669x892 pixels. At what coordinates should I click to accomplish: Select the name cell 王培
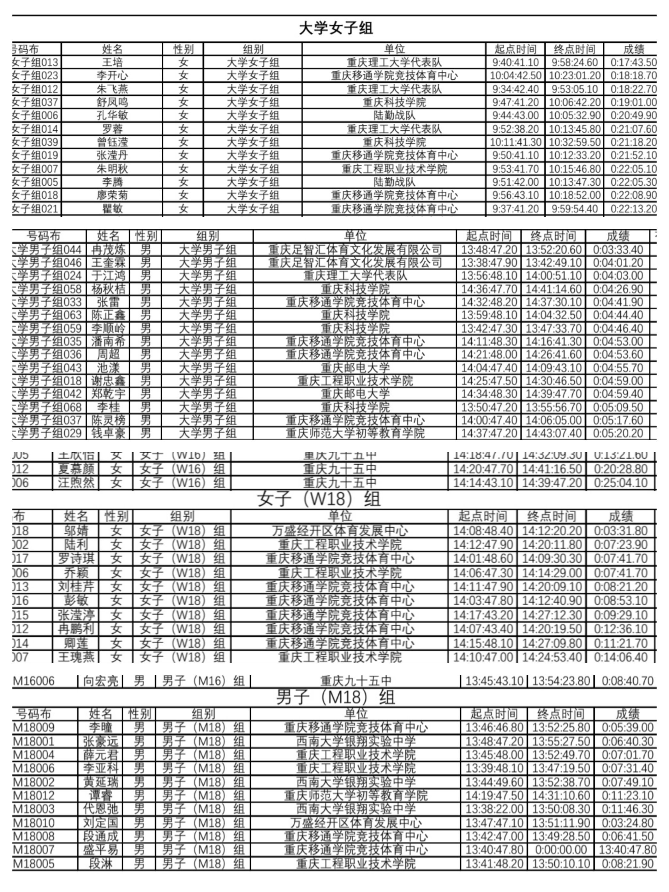point(112,62)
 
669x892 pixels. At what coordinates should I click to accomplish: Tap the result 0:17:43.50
point(633,62)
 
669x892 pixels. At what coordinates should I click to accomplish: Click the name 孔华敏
point(112,116)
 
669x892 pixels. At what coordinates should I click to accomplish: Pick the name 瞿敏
point(112,209)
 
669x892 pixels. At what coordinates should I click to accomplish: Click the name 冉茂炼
point(108,250)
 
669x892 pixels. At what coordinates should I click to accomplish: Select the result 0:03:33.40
point(618,250)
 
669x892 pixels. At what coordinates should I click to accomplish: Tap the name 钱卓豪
point(108,434)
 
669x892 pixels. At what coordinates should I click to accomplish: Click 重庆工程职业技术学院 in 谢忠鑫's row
point(355,381)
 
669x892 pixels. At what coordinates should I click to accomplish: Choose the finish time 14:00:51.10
point(554,276)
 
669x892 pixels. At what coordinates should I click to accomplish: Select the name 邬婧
point(76,531)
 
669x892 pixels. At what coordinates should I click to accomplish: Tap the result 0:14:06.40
point(620,657)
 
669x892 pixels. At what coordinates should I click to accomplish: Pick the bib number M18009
point(34,727)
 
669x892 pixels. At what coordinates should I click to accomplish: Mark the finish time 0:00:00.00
point(561,850)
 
